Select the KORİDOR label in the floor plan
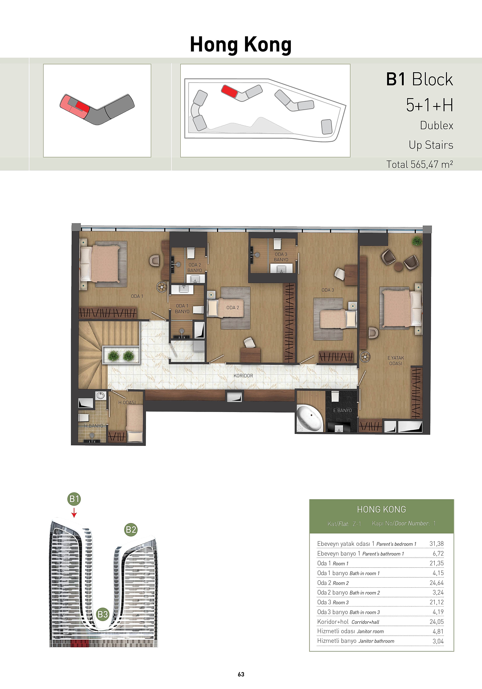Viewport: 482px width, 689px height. click(x=243, y=376)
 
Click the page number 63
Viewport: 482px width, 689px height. click(x=241, y=674)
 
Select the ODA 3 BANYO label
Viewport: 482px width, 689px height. click(x=281, y=257)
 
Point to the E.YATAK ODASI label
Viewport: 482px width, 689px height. click(x=396, y=360)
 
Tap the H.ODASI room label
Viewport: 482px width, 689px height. click(x=127, y=402)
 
